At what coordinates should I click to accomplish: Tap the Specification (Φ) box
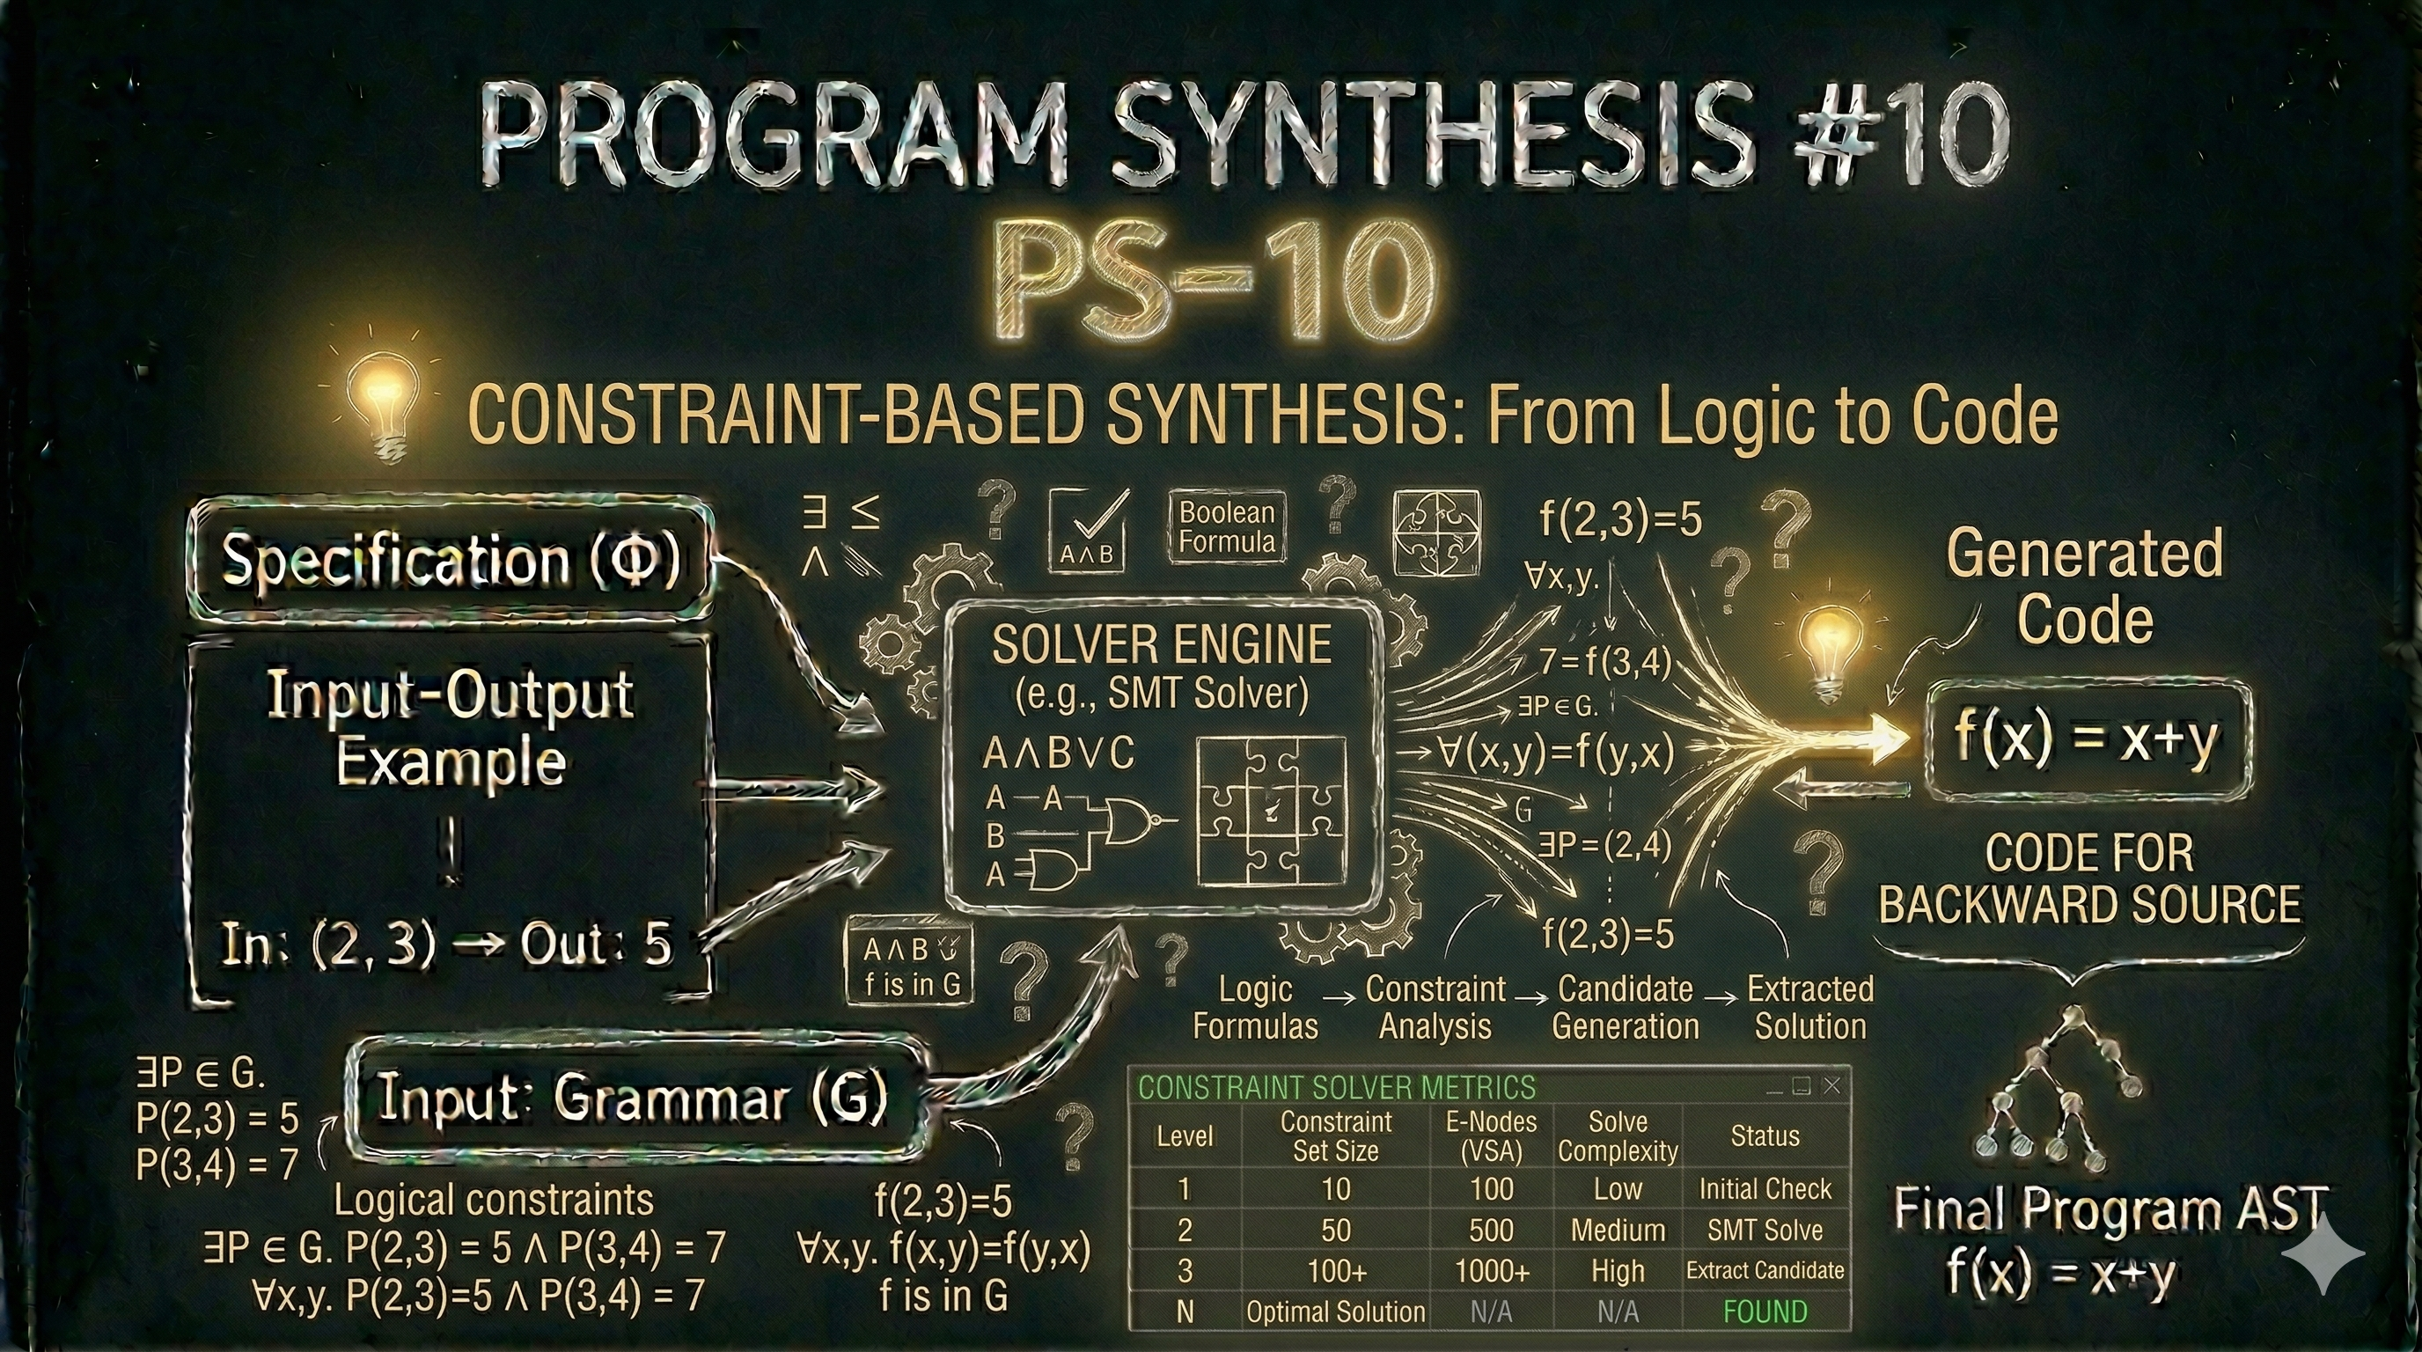pyautogui.click(x=451, y=561)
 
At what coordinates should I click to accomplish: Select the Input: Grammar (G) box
pyautogui.click(x=632, y=1098)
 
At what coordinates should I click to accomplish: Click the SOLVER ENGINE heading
pyautogui.click(x=1161, y=645)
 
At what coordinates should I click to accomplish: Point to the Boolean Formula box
pyautogui.click(x=1227, y=527)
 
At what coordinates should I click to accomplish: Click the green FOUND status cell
pyautogui.click(x=1765, y=1312)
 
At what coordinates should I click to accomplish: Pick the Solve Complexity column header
pyautogui.click(x=1618, y=1135)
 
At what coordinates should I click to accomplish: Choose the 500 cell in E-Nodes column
pyautogui.click(x=1491, y=1230)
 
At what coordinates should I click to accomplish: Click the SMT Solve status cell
pyautogui.click(x=1765, y=1230)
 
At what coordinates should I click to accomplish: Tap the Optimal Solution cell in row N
pyautogui.click(x=1335, y=1312)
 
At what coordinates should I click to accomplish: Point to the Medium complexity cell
pyautogui.click(x=1618, y=1230)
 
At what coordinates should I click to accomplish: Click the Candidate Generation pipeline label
pyautogui.click(x=1625, y=1007)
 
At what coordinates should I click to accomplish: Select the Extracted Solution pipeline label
pyautogui.click(x=1810, y=1007)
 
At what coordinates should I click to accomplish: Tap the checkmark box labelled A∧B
pyautogui.click(x=1087, y=529)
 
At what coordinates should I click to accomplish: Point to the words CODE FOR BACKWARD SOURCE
pyautogui.click(x=2089, y=880)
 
